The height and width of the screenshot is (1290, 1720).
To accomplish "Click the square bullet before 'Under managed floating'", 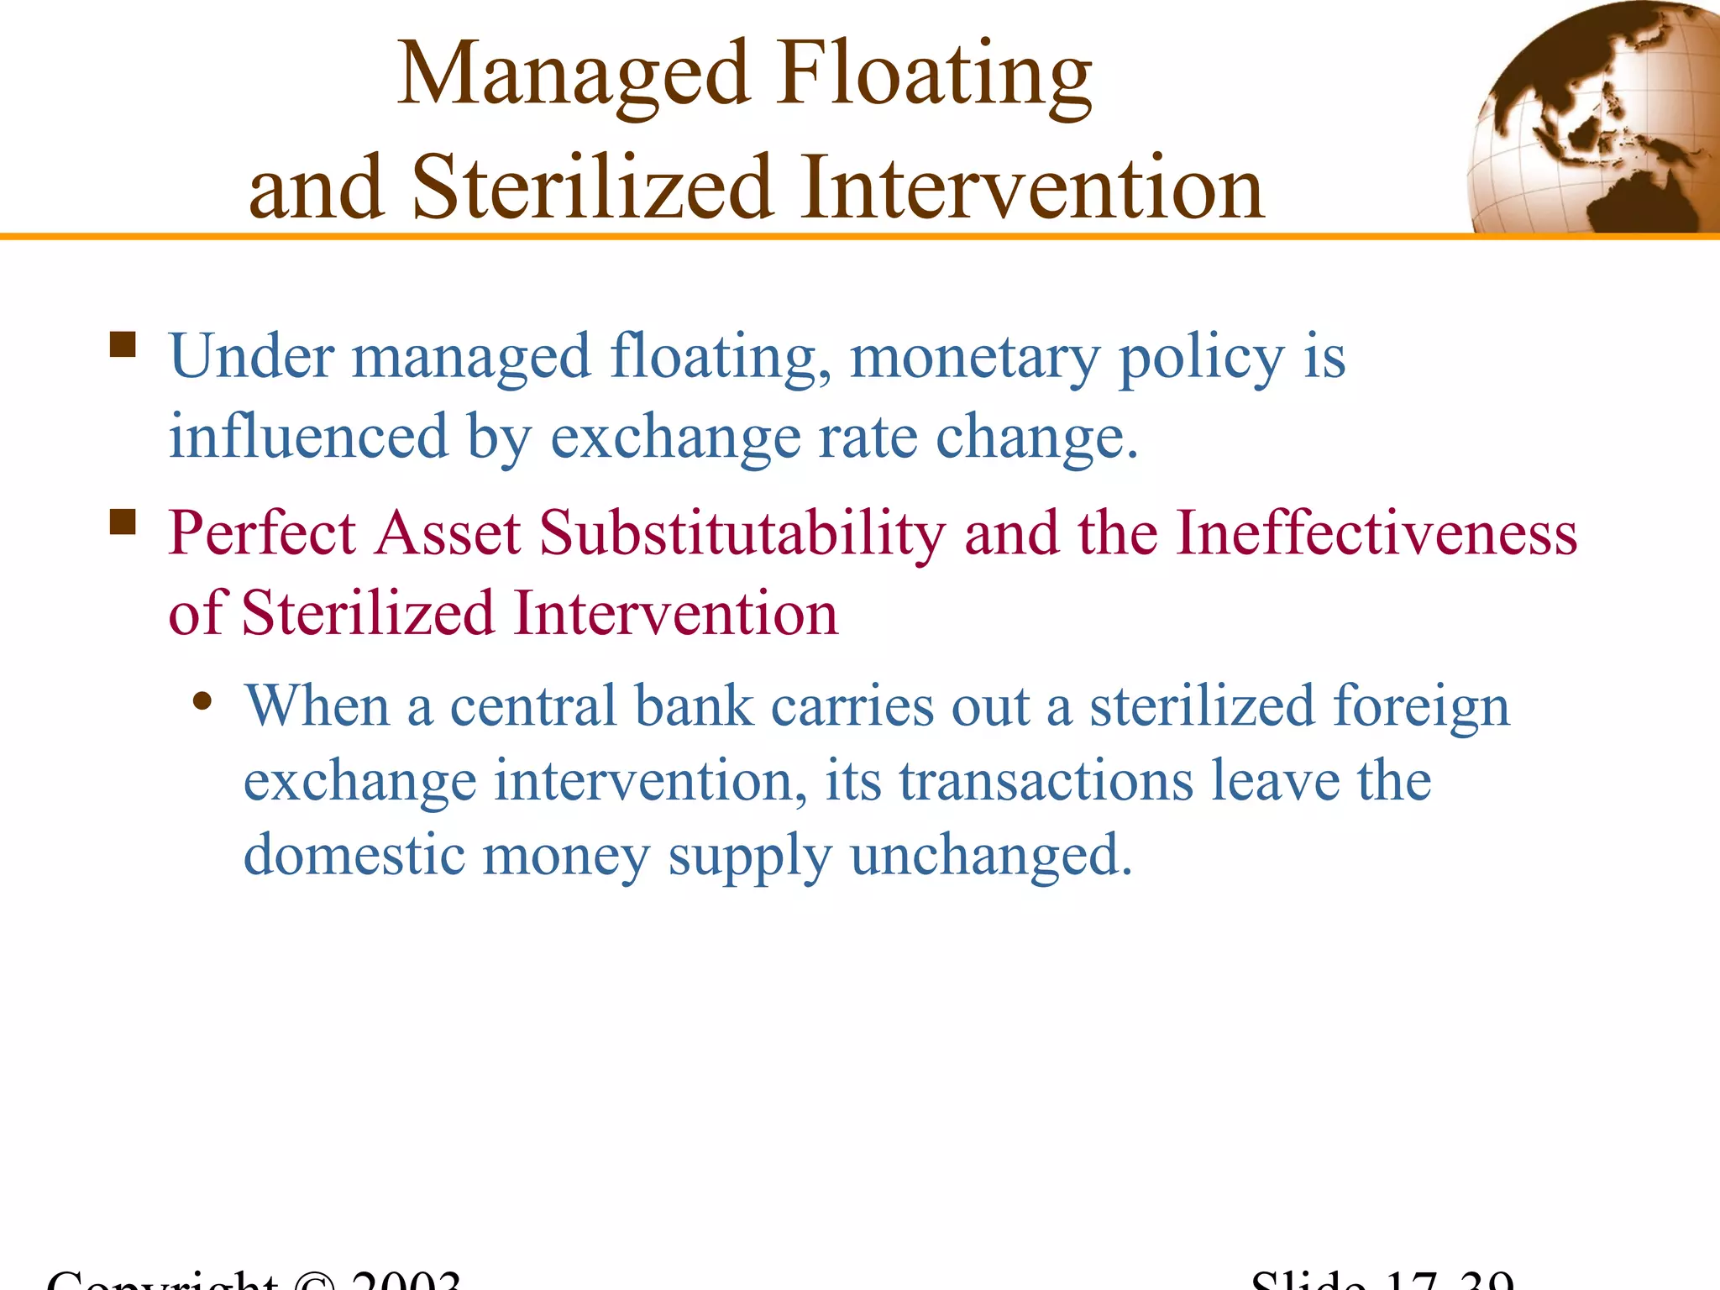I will click(123, 344).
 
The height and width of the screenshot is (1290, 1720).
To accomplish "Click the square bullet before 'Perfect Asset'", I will click(123, 522).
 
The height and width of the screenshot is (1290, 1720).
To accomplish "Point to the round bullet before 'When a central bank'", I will click(202, 701).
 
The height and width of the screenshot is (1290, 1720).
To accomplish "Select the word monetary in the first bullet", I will click(974, 357).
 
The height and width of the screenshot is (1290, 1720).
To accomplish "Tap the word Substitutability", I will click(742, 533).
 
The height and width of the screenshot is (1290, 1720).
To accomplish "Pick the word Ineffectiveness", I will click(1376, 533).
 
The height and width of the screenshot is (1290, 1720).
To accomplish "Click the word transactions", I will click(1046, 781).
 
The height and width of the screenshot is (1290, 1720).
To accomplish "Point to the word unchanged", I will click(991, 855).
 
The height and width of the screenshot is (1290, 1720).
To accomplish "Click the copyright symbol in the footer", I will click(314, 1282).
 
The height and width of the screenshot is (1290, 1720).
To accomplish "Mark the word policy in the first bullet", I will click(1202, 357).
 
